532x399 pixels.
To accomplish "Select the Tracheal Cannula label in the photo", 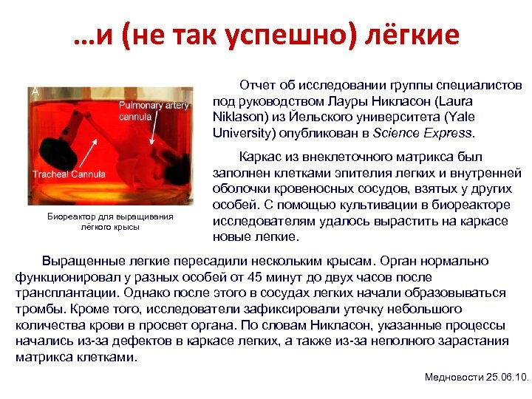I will (69, 174).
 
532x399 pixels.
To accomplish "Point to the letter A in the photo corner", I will (35, 92).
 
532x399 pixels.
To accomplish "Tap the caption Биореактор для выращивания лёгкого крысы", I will (110, 222).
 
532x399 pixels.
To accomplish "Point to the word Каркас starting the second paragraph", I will (259, 157).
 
